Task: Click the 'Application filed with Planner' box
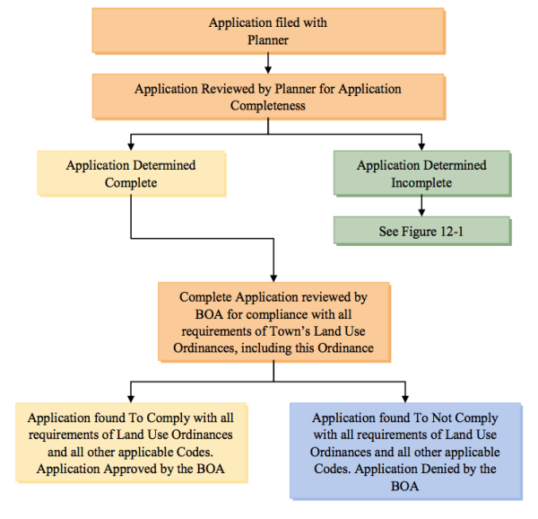pos(268,31)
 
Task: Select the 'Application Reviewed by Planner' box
pos(268,97)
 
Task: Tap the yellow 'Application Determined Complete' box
pos(131,173)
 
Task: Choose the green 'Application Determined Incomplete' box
pos(421,173)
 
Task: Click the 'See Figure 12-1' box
pos(421,231)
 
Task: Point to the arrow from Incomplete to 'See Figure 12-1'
pos(421,207)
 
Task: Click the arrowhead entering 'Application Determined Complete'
pos(132,145)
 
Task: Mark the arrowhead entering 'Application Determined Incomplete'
pos(421,145)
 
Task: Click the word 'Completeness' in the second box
pos(268,106)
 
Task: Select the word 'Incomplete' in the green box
pos(421,182)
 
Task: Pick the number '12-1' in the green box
pos(448,231)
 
